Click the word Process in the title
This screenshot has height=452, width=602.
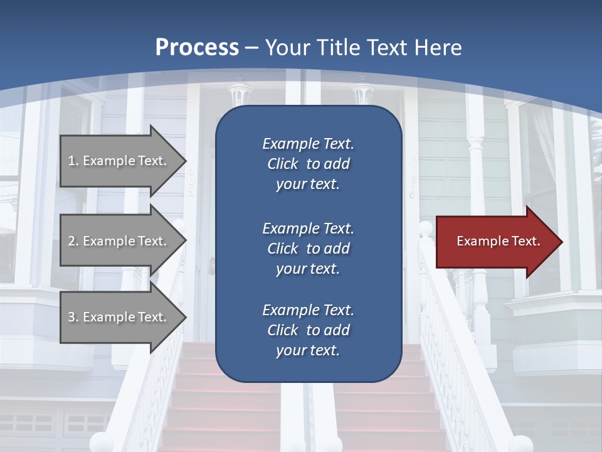(197, 48)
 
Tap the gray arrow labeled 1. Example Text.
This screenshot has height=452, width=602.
(119, 161)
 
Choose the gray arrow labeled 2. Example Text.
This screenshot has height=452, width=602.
(119, 241)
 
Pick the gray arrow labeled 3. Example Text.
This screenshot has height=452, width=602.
(119, 317)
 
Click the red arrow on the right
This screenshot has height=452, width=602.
(495, 242)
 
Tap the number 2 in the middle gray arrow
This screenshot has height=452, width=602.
(71, 241)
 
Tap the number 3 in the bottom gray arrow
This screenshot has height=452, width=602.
(71, 317)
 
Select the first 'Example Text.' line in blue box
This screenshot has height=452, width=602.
(308, 144)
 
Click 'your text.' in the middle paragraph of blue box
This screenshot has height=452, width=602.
(308, 269)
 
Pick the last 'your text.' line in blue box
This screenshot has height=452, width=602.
(308, 351)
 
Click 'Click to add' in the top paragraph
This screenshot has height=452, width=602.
(308, 164)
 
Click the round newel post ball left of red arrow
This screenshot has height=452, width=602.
(426, 229)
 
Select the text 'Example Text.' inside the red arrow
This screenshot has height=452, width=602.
(498, 241)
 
